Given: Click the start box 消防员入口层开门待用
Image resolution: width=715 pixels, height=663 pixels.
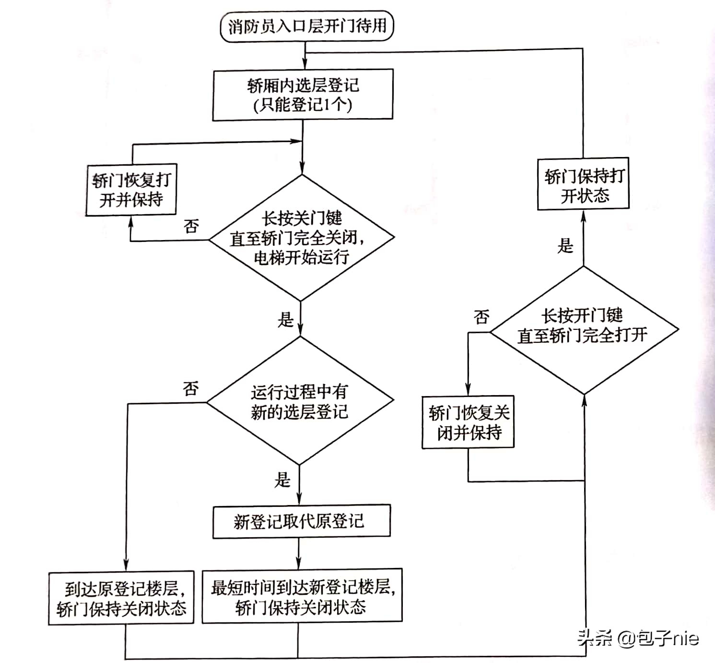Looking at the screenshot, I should (306, 26).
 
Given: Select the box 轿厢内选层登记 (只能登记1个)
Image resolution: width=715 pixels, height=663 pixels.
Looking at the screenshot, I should (303, 95).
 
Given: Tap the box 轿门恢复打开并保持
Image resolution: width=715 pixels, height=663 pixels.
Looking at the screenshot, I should (131, 190).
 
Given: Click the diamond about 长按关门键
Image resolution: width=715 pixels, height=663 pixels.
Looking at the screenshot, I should (301, 238).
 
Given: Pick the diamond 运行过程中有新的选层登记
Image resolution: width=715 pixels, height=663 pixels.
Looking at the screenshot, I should (300, 401).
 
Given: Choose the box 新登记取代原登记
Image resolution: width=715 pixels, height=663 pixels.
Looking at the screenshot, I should (301, 521).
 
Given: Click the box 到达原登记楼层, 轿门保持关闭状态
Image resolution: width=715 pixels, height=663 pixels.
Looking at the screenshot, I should (121, 598).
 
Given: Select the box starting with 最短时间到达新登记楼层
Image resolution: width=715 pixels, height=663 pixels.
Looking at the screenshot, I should (302, 596).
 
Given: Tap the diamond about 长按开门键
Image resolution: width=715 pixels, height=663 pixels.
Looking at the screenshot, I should (583, 330).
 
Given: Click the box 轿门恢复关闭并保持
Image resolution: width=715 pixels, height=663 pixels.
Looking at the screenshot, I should (468, 422).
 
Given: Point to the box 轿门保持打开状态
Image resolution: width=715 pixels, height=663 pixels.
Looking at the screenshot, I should (583, 184).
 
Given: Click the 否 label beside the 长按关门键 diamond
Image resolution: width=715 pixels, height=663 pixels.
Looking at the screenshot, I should (191, 226).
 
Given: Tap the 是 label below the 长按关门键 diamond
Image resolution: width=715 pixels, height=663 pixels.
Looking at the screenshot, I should (285, 319).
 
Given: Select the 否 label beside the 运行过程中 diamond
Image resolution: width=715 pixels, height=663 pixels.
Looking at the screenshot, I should (190, 388).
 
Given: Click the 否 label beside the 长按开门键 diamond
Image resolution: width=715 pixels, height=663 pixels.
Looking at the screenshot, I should (481, 316).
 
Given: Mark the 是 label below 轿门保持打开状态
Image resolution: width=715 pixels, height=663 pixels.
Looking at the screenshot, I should (565, 246).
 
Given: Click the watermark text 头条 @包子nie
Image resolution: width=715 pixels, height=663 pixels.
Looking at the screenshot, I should (638, 638).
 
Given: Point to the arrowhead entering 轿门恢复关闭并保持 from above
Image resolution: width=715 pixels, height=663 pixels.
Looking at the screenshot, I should (468, 390).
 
